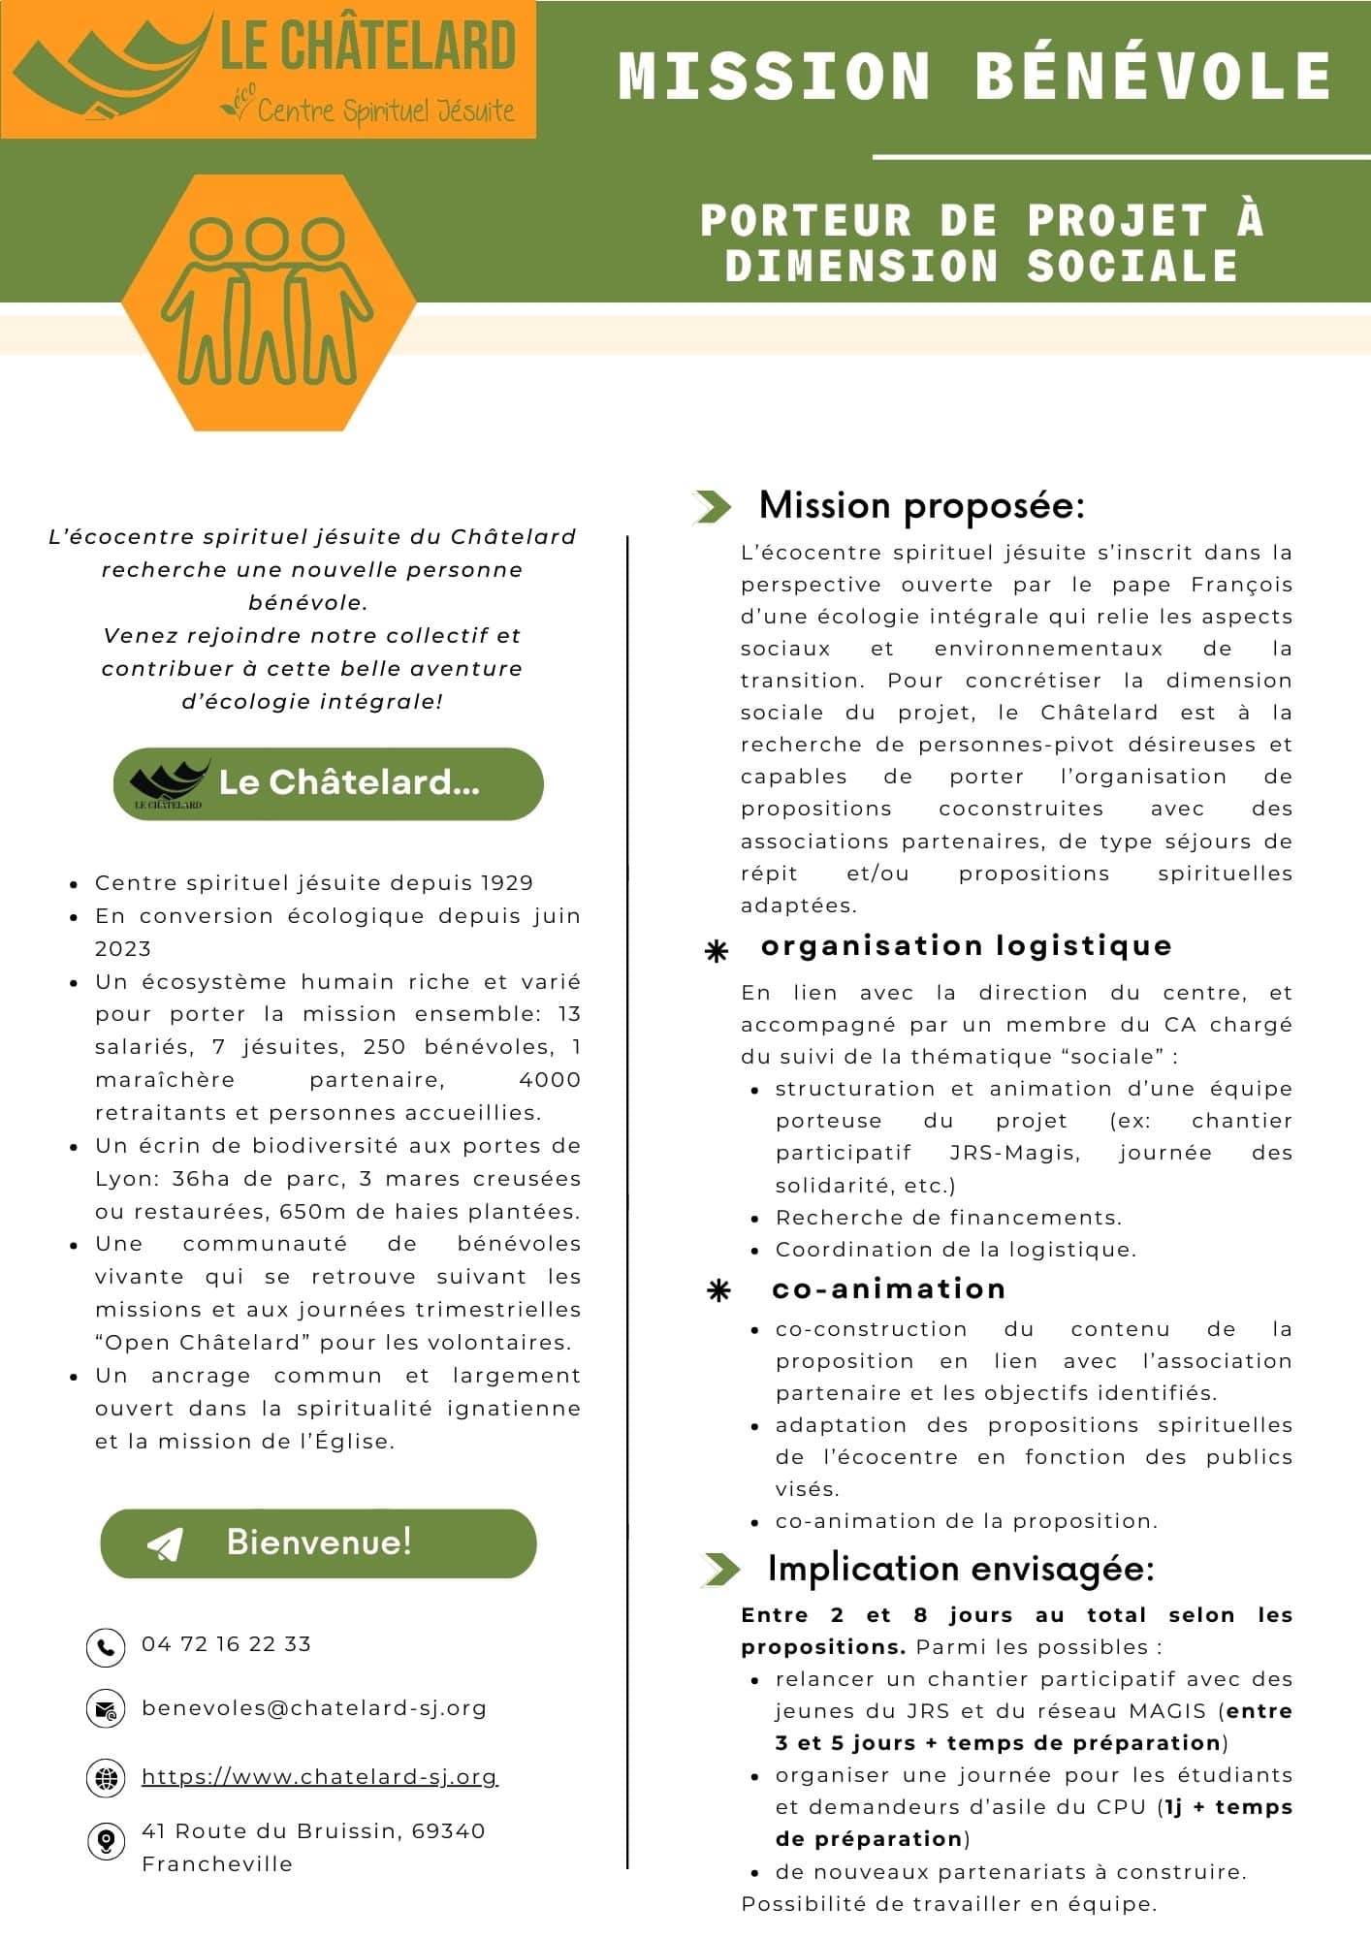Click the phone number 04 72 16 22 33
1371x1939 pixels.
[226, 1644]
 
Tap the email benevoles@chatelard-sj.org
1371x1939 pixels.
[314, 1708]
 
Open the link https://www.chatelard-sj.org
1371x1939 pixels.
[319, 1776]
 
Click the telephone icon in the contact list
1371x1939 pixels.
[105, 1646]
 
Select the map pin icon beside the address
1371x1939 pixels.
[105, 1840]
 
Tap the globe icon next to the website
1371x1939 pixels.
[105, 1777]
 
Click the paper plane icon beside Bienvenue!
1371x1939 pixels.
[165, 1543]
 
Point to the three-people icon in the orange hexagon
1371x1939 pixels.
[267, 302]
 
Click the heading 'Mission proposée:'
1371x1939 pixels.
[921, 505]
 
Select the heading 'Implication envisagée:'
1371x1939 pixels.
[961, 1569]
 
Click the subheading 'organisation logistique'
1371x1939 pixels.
[967, 945]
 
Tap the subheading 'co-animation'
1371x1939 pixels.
[889, 1288]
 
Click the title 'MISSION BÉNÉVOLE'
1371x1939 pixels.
[974, 76]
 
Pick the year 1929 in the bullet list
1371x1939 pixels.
[507, 883]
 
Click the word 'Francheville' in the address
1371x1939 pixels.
[217, 1864]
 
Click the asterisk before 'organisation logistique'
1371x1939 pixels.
[717, 952]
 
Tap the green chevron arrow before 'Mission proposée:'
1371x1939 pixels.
[714, 506]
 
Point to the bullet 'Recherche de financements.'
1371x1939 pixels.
[948, 1218]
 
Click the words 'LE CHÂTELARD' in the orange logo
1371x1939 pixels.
[367, 47]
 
